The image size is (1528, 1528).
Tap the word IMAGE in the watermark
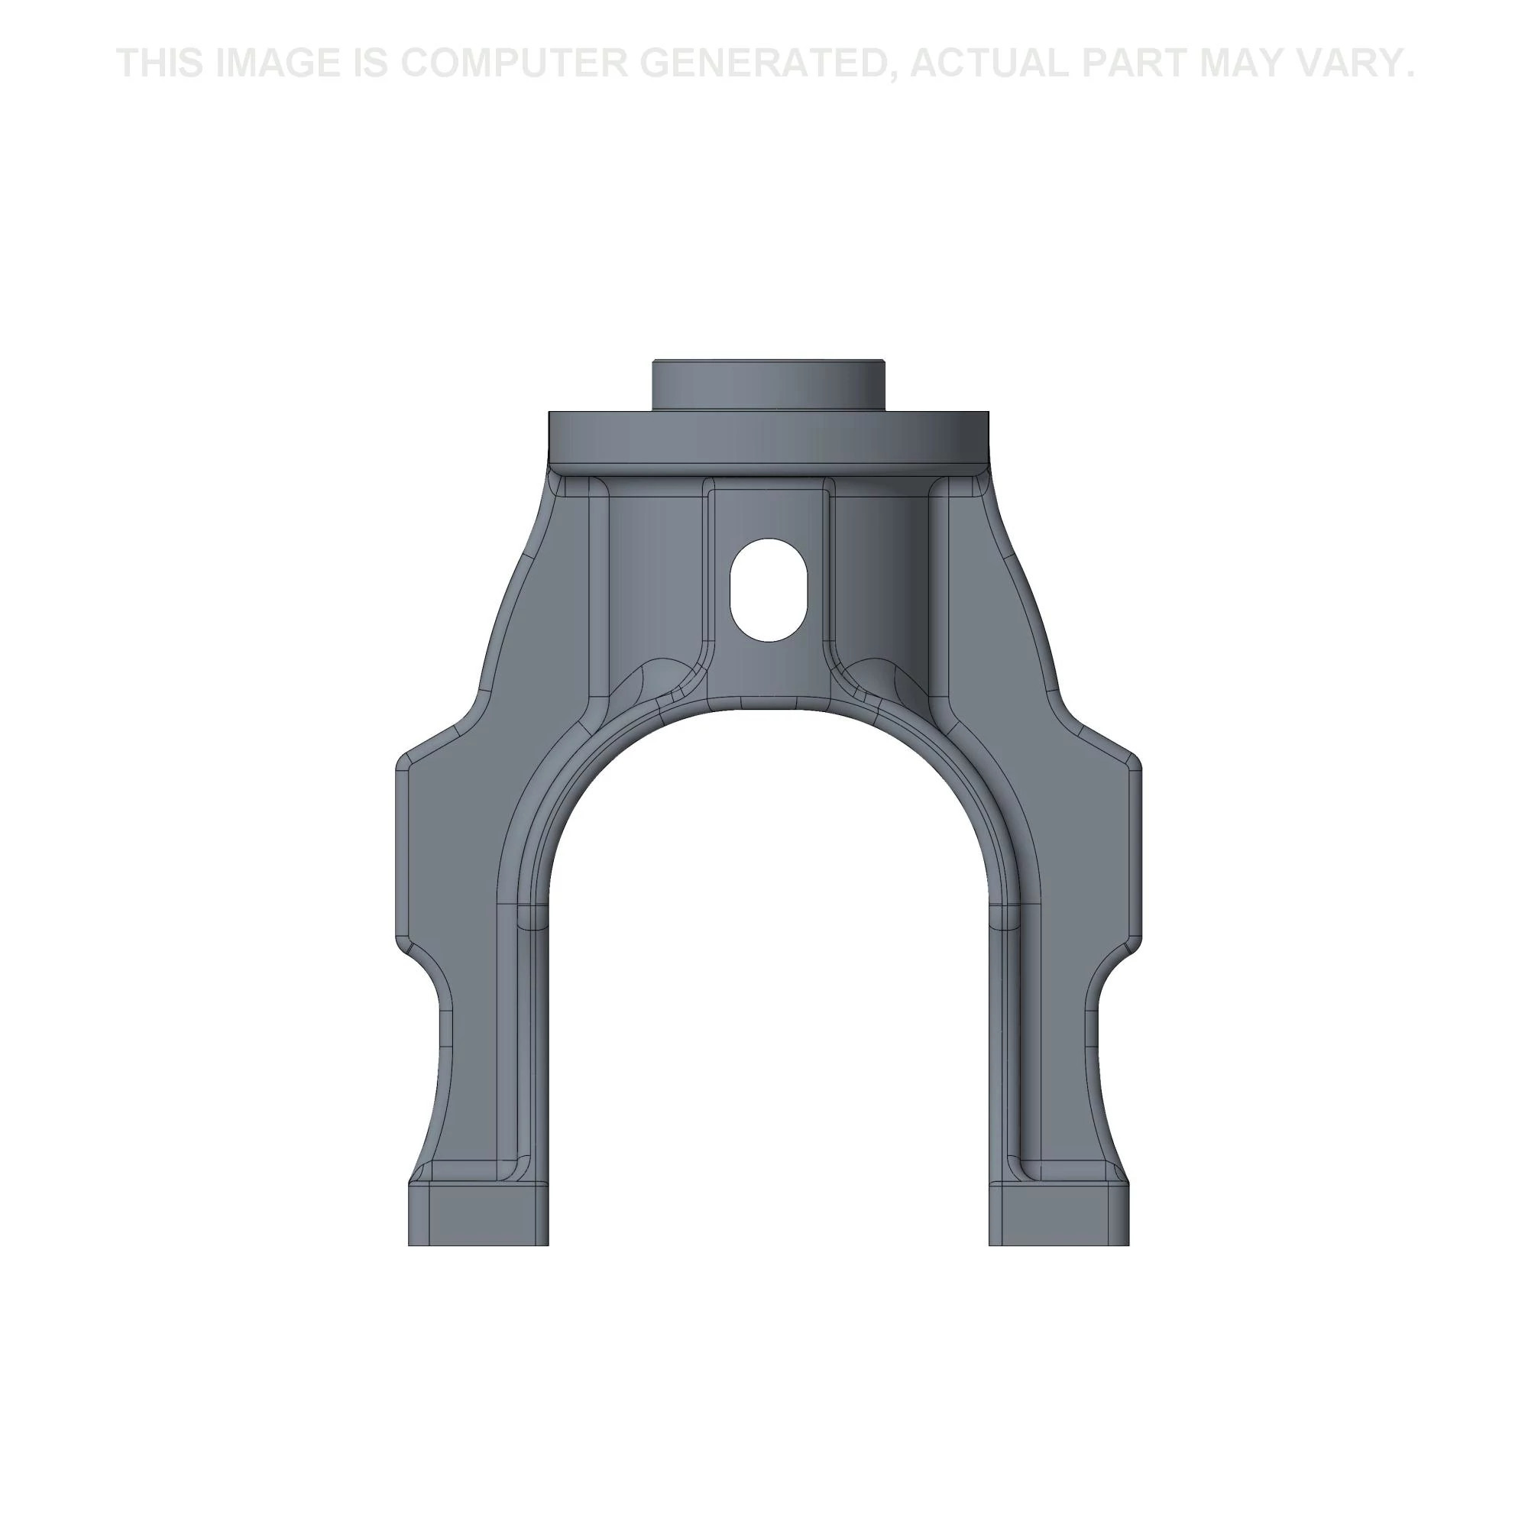274,63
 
